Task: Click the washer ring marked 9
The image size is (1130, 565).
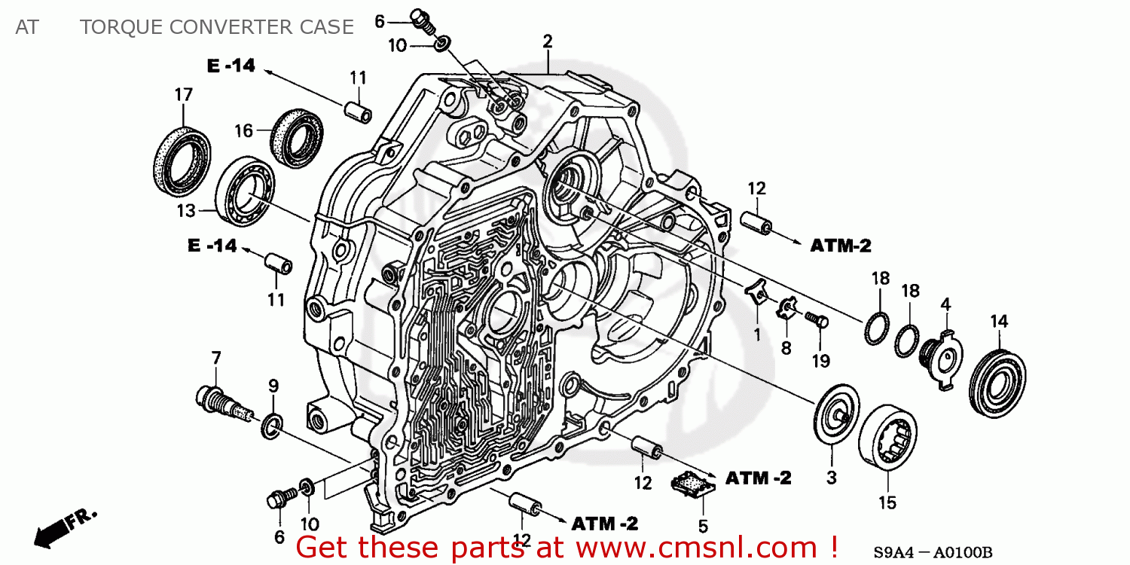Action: pyautogui.click(x=272, y=426)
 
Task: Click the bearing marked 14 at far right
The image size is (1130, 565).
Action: pyautogui.click(x=997, y=382)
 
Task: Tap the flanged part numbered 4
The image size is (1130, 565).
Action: pyautogui.click(x=941, y=354)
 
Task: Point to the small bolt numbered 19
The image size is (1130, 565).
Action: pyautogui.click(x=816, y=320)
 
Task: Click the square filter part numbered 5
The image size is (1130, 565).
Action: pyautogui.click(x=693, y=482)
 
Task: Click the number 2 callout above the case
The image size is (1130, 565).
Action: pyautogui.click(x=548, y=41)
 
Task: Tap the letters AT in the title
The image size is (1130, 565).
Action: pyautogui.click(x=26, y=27)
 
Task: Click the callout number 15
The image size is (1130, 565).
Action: pyautogui.click(x=887, y=502)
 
